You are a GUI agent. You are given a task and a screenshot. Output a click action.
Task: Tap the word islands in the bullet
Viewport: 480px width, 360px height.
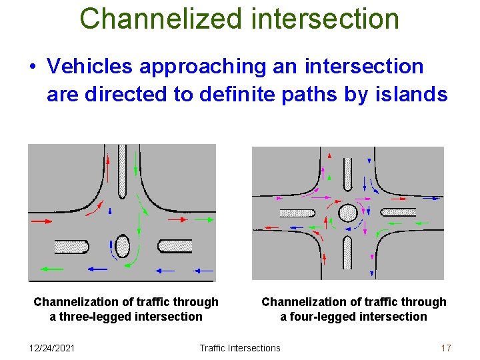[x=411, y=95]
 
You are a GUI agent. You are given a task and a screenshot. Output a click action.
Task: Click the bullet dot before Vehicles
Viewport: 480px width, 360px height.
[x=32, y=67]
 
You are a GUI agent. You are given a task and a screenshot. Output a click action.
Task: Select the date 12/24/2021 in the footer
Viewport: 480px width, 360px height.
[x=53, y=347]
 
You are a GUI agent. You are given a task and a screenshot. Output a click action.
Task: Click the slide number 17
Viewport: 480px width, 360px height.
[x=446, y=347]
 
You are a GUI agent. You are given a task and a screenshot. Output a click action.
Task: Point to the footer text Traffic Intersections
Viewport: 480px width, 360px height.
[x=240, y=347]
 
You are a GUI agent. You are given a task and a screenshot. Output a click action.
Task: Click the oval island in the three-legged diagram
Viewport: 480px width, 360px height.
[x=122, y=245]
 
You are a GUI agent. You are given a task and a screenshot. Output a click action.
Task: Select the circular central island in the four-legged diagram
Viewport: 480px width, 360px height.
[x=347, y=213]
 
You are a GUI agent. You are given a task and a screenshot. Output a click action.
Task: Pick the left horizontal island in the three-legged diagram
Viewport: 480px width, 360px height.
[x=71, y=246]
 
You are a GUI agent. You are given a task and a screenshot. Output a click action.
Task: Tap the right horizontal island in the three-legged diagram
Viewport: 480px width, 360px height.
[x=175, y=246]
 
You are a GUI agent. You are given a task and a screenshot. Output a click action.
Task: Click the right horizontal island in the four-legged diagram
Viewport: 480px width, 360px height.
[x=398, y=213]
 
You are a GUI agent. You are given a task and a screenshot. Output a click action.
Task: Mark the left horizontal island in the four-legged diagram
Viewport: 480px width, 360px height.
[x=297, y=213]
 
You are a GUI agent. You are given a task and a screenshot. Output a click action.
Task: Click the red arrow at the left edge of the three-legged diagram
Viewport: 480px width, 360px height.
[x=41, y=220]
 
